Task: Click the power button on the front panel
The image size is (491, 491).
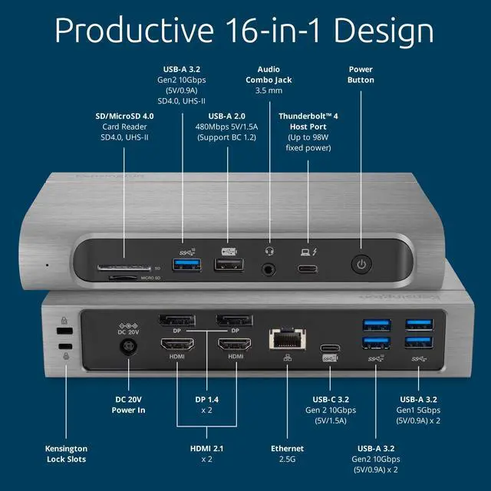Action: [361, 265]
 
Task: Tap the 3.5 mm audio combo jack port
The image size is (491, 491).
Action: [269, 269]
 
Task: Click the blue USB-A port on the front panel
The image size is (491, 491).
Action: [185, 265]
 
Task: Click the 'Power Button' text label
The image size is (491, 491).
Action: [361, 74]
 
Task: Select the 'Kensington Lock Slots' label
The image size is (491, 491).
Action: [65, 453]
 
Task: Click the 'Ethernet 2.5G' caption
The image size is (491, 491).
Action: [287, 453]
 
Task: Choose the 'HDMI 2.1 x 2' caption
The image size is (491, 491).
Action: [206, 453]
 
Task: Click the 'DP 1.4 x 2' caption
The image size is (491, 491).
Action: [206, 404]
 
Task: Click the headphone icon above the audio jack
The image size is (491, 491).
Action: [269, 250]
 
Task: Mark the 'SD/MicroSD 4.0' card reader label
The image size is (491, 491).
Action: [125, 117]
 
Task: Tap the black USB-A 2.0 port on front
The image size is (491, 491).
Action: [228, 265]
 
